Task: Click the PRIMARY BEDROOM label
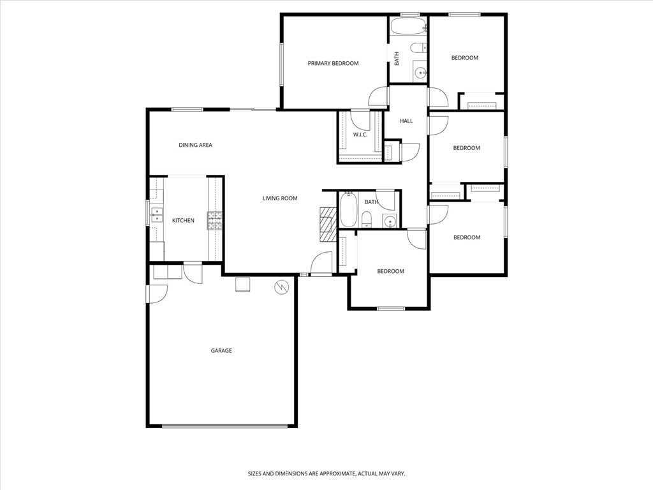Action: [x=333, y=63]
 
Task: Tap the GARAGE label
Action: [x=221, y=350]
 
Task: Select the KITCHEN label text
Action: [x=183, y=221]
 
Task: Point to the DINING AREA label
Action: [x=195, y=145]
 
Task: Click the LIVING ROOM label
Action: [x=280, y=198]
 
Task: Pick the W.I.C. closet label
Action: [x=360, y=135]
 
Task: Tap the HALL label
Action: [x=406, y=121]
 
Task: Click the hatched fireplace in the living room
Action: [x=326, y=224]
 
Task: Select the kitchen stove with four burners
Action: [x=215, y=221]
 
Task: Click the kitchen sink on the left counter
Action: [x=156, y=214]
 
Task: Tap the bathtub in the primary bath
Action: [x=407, y=27]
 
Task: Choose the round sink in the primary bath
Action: [x=420, y=73]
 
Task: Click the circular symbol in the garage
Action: [x=281, y=288]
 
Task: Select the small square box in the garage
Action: [x=243, y=284]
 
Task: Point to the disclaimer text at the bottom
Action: [x=326, y=473]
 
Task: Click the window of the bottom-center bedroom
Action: [x=390, y=309]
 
